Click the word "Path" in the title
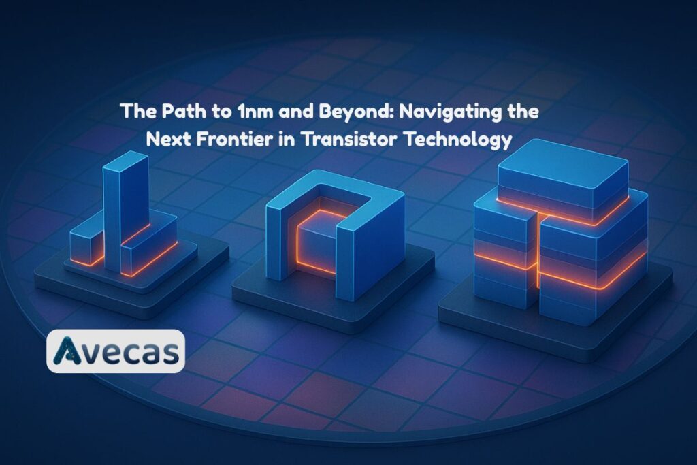pyautogui.click(x=168, y=112)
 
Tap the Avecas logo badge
pyautogui.click(x=115, y=351)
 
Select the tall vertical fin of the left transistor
pyautogui.click(x=125, y=204)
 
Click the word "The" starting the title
pyautogui.click(x=133, y=112)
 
